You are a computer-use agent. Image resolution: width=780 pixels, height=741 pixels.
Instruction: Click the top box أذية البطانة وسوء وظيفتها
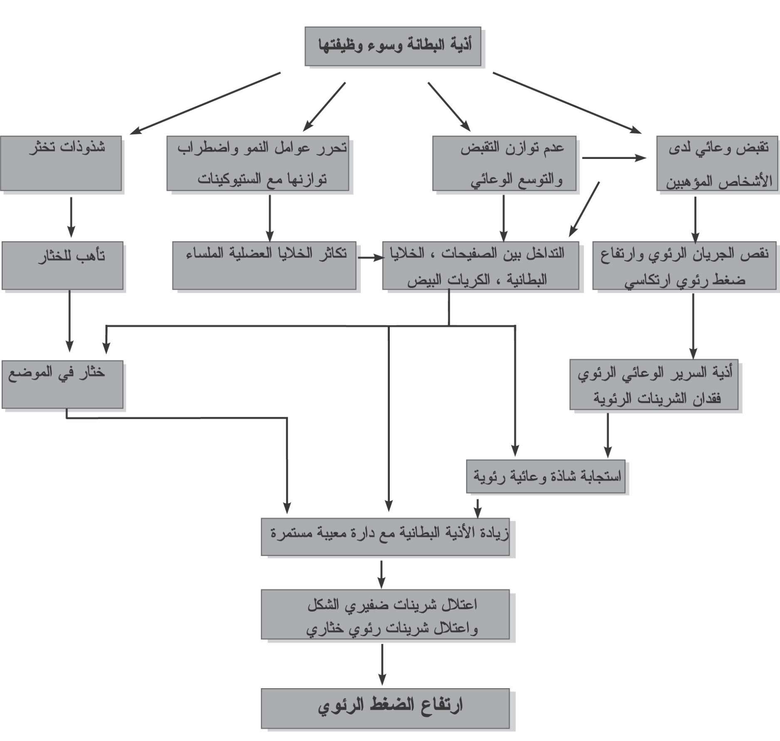pyautogui.click(x=393, y=46)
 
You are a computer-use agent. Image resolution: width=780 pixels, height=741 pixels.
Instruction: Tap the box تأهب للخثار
pyautogui.click(x=62, y=265)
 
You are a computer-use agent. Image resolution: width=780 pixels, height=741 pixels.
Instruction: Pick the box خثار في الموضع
pyautogui.click(x=62, y=384)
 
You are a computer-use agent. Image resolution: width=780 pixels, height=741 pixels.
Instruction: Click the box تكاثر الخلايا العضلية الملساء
pyautogui.click(x=264, y=265)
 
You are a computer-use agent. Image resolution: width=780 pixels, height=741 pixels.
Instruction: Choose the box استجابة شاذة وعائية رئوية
pyautogui.click(x=545, y=476)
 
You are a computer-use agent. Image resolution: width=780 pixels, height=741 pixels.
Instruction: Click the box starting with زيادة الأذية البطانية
pyautogui.click(x=385, y=536)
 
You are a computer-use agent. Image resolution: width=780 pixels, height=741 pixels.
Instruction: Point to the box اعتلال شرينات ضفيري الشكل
pyautogui.click(x=385, y=614)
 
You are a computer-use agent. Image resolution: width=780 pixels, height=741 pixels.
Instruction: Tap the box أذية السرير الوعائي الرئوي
pyautogui.click(x=654, y=384)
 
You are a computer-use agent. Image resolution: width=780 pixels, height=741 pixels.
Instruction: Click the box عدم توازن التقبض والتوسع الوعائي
pyautogui.click(x=504, y=163)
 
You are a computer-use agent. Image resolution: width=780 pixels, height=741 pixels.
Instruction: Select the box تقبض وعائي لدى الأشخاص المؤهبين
pyautogui.click(x=717, y=163)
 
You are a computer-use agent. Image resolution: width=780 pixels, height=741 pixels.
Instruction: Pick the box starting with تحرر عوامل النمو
pyautogui.click(x=258, y=163)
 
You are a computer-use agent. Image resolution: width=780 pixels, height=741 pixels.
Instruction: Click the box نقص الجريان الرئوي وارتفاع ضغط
pyautogui.click(x=686, y=265)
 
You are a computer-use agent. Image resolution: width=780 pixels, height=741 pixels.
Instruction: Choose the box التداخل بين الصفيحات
pyautogui.click(x=480, y=265)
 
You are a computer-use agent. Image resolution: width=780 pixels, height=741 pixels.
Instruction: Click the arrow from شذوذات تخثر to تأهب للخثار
pyautogui.click(x=71, y=217)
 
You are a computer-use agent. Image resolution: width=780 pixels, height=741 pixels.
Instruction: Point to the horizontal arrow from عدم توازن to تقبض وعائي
pyautogui.click(x=614, y=158)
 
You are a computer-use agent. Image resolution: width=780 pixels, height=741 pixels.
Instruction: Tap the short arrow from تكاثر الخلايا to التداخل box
pyautogui.click(x=370, y=258)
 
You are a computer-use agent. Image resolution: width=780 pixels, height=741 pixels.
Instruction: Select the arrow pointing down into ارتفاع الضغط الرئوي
pyautogui.click(x=381, y=664)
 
